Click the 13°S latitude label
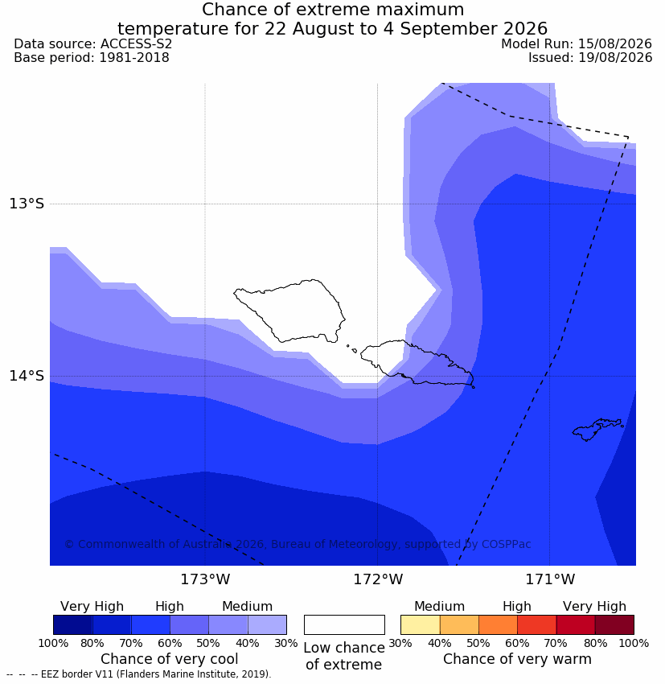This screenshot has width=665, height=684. click(27, 204)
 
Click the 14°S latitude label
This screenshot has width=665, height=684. click(27, 376)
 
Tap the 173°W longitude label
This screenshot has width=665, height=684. click(205, 579)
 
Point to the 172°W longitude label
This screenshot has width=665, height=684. click(378, 579)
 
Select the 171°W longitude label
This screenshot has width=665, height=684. click(550, 579)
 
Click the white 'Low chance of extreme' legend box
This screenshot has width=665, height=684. click(344, 624)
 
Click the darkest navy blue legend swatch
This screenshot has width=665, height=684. click(73, 624)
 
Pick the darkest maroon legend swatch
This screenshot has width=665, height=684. click(614, 624)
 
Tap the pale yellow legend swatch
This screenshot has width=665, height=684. click(420, 624)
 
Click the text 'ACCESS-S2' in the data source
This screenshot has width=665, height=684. click(137, 44)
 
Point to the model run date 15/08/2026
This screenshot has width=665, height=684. click(615, 44)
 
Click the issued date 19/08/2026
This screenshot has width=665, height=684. click(615, 58)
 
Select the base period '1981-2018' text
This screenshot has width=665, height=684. click(134, 58)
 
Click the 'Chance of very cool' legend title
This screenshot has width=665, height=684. click(169, 659)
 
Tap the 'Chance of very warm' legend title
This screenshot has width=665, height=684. click(517, 659)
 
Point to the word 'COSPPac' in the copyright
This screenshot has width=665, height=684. click(506, 544)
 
